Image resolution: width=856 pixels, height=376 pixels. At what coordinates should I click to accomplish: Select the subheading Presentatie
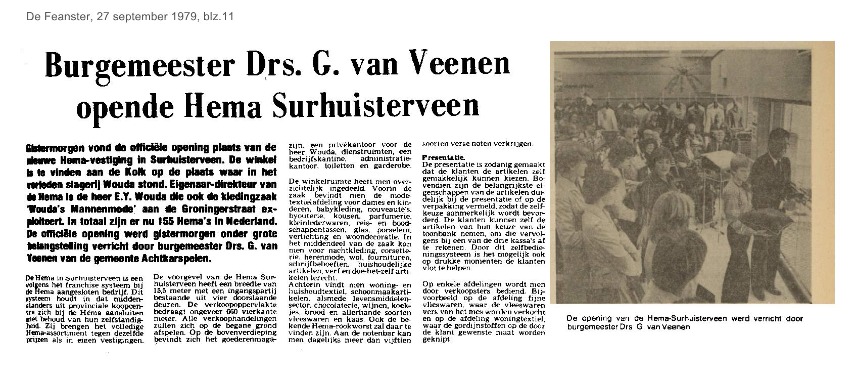[x=443, y=157]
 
